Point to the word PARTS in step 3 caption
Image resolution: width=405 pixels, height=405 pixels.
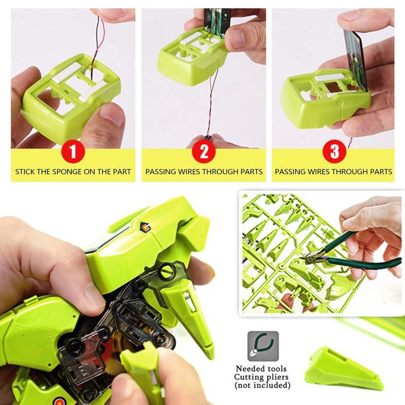(378, 172)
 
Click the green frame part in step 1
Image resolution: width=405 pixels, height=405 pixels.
(71, 96)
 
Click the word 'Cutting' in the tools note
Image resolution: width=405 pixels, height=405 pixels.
(251, 377)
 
